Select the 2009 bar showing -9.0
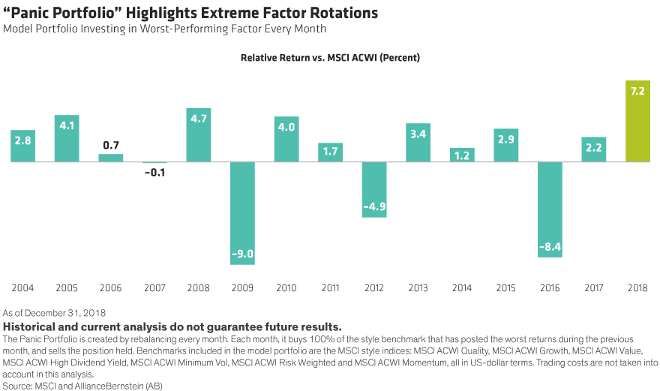pyautogui.click(x=243, y=213)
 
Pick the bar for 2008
pyautogui.click(x=199, y=135)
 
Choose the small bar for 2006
pyautogui.click(x=111, y=158)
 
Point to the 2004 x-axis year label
pyautogui.click(x=22, y=288)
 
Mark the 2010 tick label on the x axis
pyautogui.click(x=286, y=288)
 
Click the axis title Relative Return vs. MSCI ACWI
pyautogui.click(x=329, y=58)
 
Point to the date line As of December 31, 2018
pyautogui.click(x=54, y=312)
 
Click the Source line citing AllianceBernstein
pyautogui.click(x=82, y=385)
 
